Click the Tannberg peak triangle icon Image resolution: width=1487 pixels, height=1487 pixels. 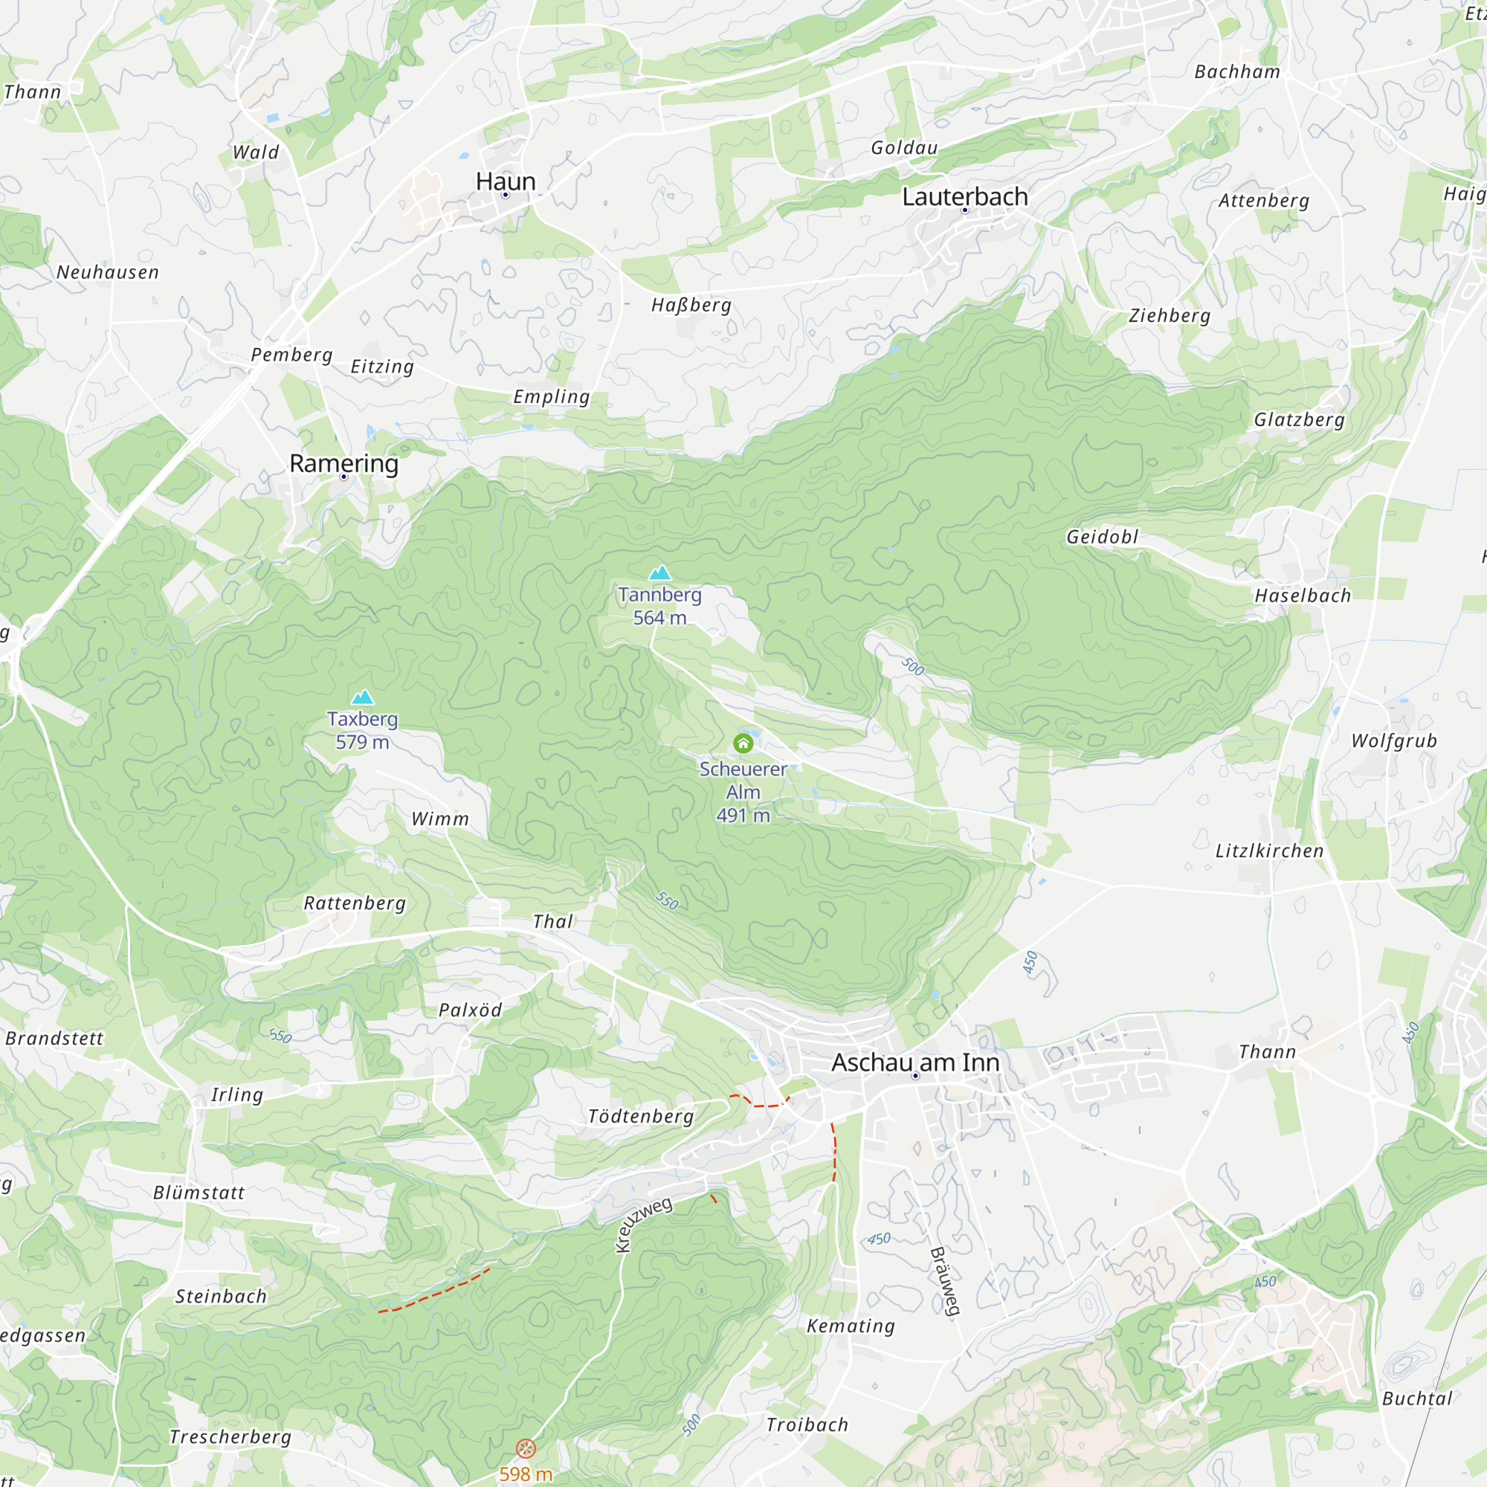click(x=659, y=572)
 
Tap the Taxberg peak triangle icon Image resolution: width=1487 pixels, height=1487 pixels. click(x=363, y=697)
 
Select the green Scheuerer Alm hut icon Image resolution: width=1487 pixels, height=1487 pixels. click(x=743, y=743)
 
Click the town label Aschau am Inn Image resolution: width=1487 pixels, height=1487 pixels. click(x=915, y=1062)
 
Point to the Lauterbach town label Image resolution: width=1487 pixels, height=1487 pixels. click(x=964, y=197)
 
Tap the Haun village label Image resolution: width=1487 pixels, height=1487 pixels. click(x=505, y=181)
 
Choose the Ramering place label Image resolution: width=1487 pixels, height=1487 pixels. click(x=343, y=463)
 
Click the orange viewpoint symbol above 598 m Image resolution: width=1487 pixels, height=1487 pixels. click(x=526, y=1448)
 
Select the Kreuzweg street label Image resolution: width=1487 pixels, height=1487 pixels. click(x=643, y=1224)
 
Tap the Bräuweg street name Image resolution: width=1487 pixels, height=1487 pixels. click(x=945, y=1283)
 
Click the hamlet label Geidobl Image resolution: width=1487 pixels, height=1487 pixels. click(x=1101, y=538)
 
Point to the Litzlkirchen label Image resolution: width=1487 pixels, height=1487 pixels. click(x=1269, y=851)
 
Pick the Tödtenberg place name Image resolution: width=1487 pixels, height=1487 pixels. click(x=640, y=1116)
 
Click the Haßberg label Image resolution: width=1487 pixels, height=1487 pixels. click(x=691, y=306)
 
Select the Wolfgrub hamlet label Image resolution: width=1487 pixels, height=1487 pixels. click(x=1394, y=741)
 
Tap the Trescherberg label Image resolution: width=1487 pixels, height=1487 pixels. click(x=230, y=1437)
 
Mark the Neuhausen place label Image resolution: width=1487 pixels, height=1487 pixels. click(x=108, y=272)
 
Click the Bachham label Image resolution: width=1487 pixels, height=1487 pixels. click(x=1237, y=72)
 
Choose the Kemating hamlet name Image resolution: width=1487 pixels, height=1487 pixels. click(x=851, y=1326)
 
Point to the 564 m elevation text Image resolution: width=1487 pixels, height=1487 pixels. click(x=659, y=618)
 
